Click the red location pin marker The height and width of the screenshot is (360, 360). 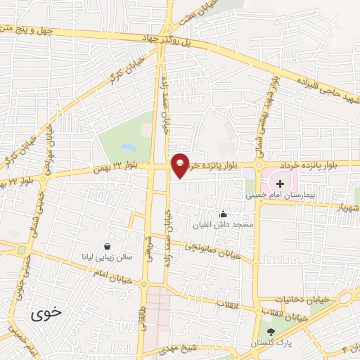(x=181, y=165)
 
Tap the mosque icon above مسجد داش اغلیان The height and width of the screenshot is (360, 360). (x=224, y=214)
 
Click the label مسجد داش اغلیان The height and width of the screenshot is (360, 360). (x=218, y=226)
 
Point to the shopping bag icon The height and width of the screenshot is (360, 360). (x=107, y=247)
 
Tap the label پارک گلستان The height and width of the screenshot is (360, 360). (x=270, y=343)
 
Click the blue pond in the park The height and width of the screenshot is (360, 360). (x=128, y=148)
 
